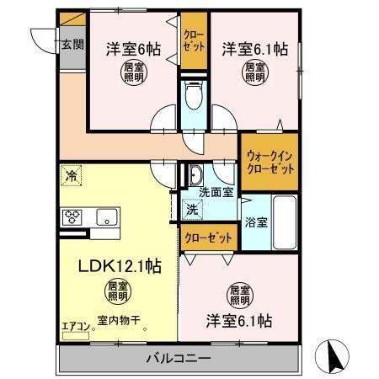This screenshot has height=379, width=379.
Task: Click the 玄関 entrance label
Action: pyautogui.click(x=72, y=45)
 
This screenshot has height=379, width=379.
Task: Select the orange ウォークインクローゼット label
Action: pyautogui.click(x=270, y=162)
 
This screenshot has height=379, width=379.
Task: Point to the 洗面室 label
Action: pyautogui.click(x=216, y=191)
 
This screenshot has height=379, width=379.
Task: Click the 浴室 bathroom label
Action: pyautogui.click(x=256, y=224)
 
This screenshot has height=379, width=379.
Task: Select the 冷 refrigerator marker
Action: pyautogui.click(x=72, y=178)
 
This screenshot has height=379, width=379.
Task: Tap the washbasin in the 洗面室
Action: pyautogui.click(x=195, y=175)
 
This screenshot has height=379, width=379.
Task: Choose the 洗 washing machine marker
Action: pyautogui.click(x=192, y=209)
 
